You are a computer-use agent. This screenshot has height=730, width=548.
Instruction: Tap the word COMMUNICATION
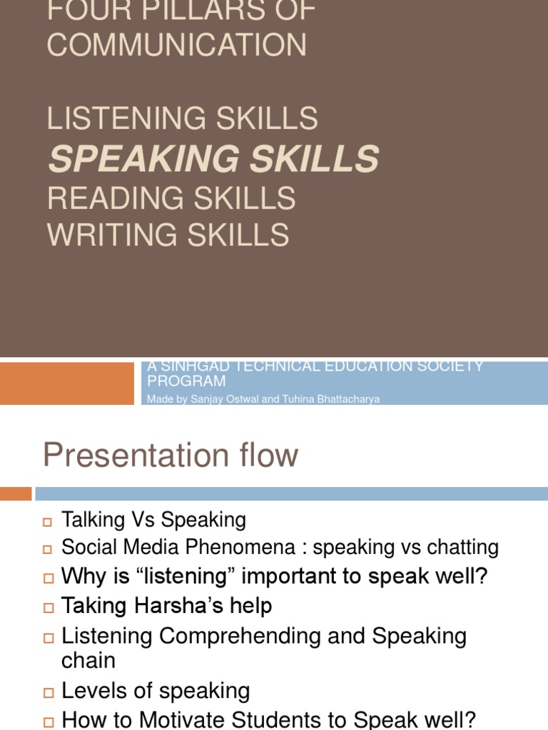[177, 45]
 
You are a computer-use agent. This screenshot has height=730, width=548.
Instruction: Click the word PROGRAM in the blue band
[186, 382]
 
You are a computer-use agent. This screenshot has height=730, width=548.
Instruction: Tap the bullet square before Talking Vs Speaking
[48, 522]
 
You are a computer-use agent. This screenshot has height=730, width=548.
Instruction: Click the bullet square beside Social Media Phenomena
[48, 549]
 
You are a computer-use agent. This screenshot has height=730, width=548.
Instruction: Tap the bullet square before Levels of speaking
[48, 692]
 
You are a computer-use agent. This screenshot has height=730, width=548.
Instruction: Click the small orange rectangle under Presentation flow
[16, 493]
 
